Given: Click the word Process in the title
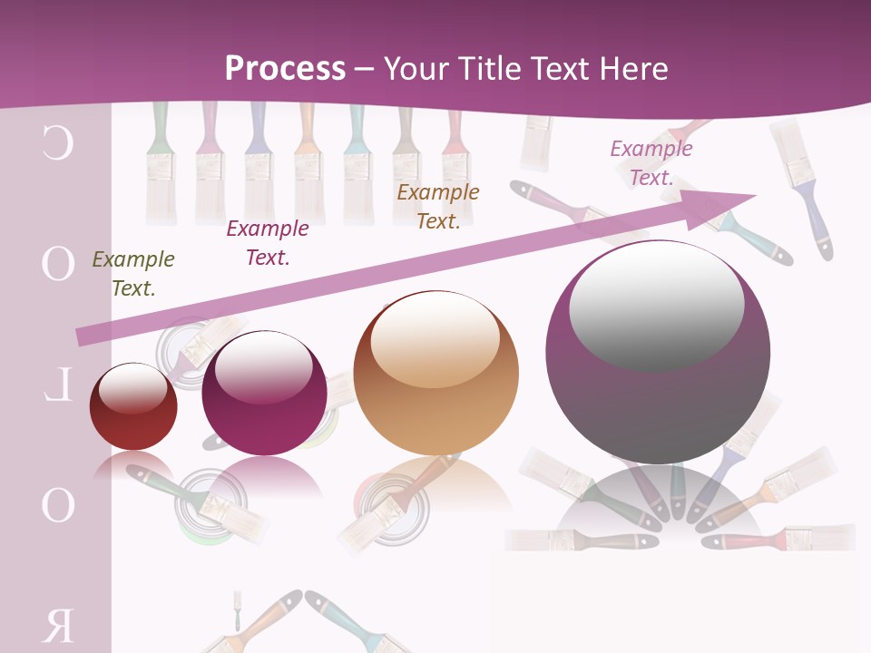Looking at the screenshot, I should pyautogui.click(x=285, y=68).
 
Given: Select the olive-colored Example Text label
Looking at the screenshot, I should pyautogui.click(x=133, y=273).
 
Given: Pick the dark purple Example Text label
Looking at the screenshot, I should pyautogui.click(x=268, y=242).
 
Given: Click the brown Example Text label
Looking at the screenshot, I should pyautogui.click(x=438, y=206).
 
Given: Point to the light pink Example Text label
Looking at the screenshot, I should pyautogui.click(x=651, y=162).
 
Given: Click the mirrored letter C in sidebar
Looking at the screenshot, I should pyautogui.click(x=57, y=145).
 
